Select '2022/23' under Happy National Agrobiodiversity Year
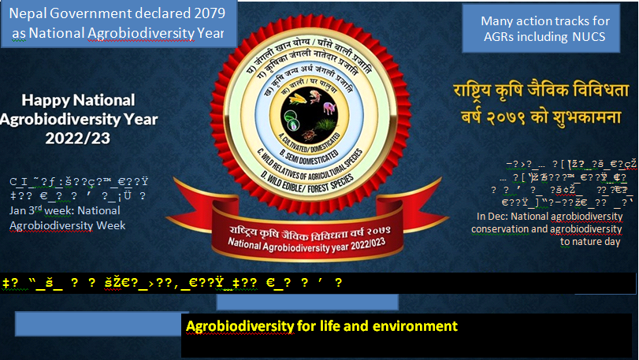click(77, 137)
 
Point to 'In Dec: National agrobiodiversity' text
click(549, 215)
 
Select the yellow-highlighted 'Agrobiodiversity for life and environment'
click(321, 325)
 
